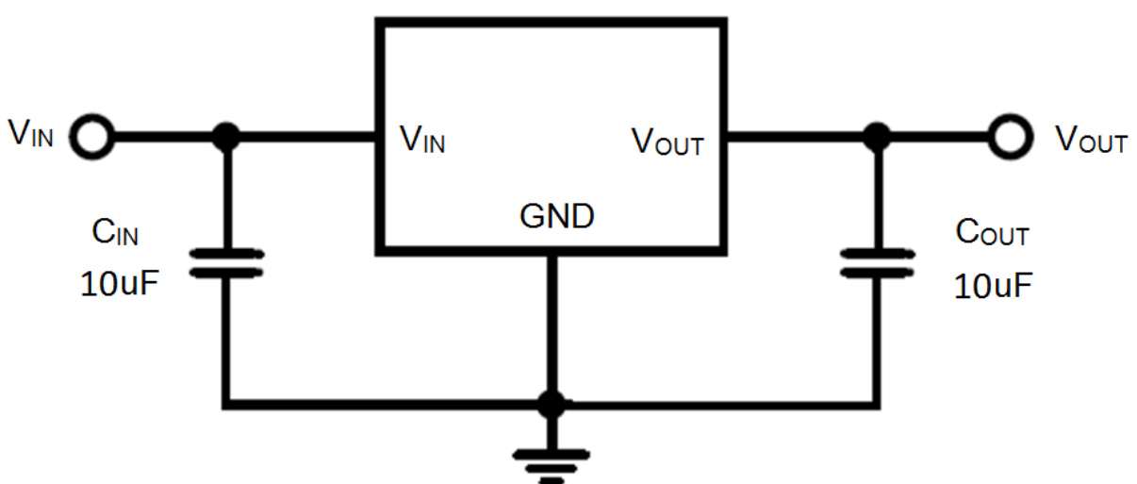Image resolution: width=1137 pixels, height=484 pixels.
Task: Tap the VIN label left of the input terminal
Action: [31, 136]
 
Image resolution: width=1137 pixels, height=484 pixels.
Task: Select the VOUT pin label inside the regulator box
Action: [667, 142]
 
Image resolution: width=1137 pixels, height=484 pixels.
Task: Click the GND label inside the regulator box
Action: [557, 217]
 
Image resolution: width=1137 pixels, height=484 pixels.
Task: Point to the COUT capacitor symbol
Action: [878, 264]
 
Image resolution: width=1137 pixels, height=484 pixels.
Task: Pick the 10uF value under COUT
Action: [991, 285]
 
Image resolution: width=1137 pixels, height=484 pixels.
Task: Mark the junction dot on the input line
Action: [225, 138]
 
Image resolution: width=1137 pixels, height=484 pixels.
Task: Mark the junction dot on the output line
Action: [878, 138]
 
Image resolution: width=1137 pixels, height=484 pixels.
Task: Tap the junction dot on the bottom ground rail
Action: [552, 405]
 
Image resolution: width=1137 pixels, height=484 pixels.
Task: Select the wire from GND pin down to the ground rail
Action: [552, 325]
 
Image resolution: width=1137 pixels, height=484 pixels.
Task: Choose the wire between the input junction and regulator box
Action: [302, 138]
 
